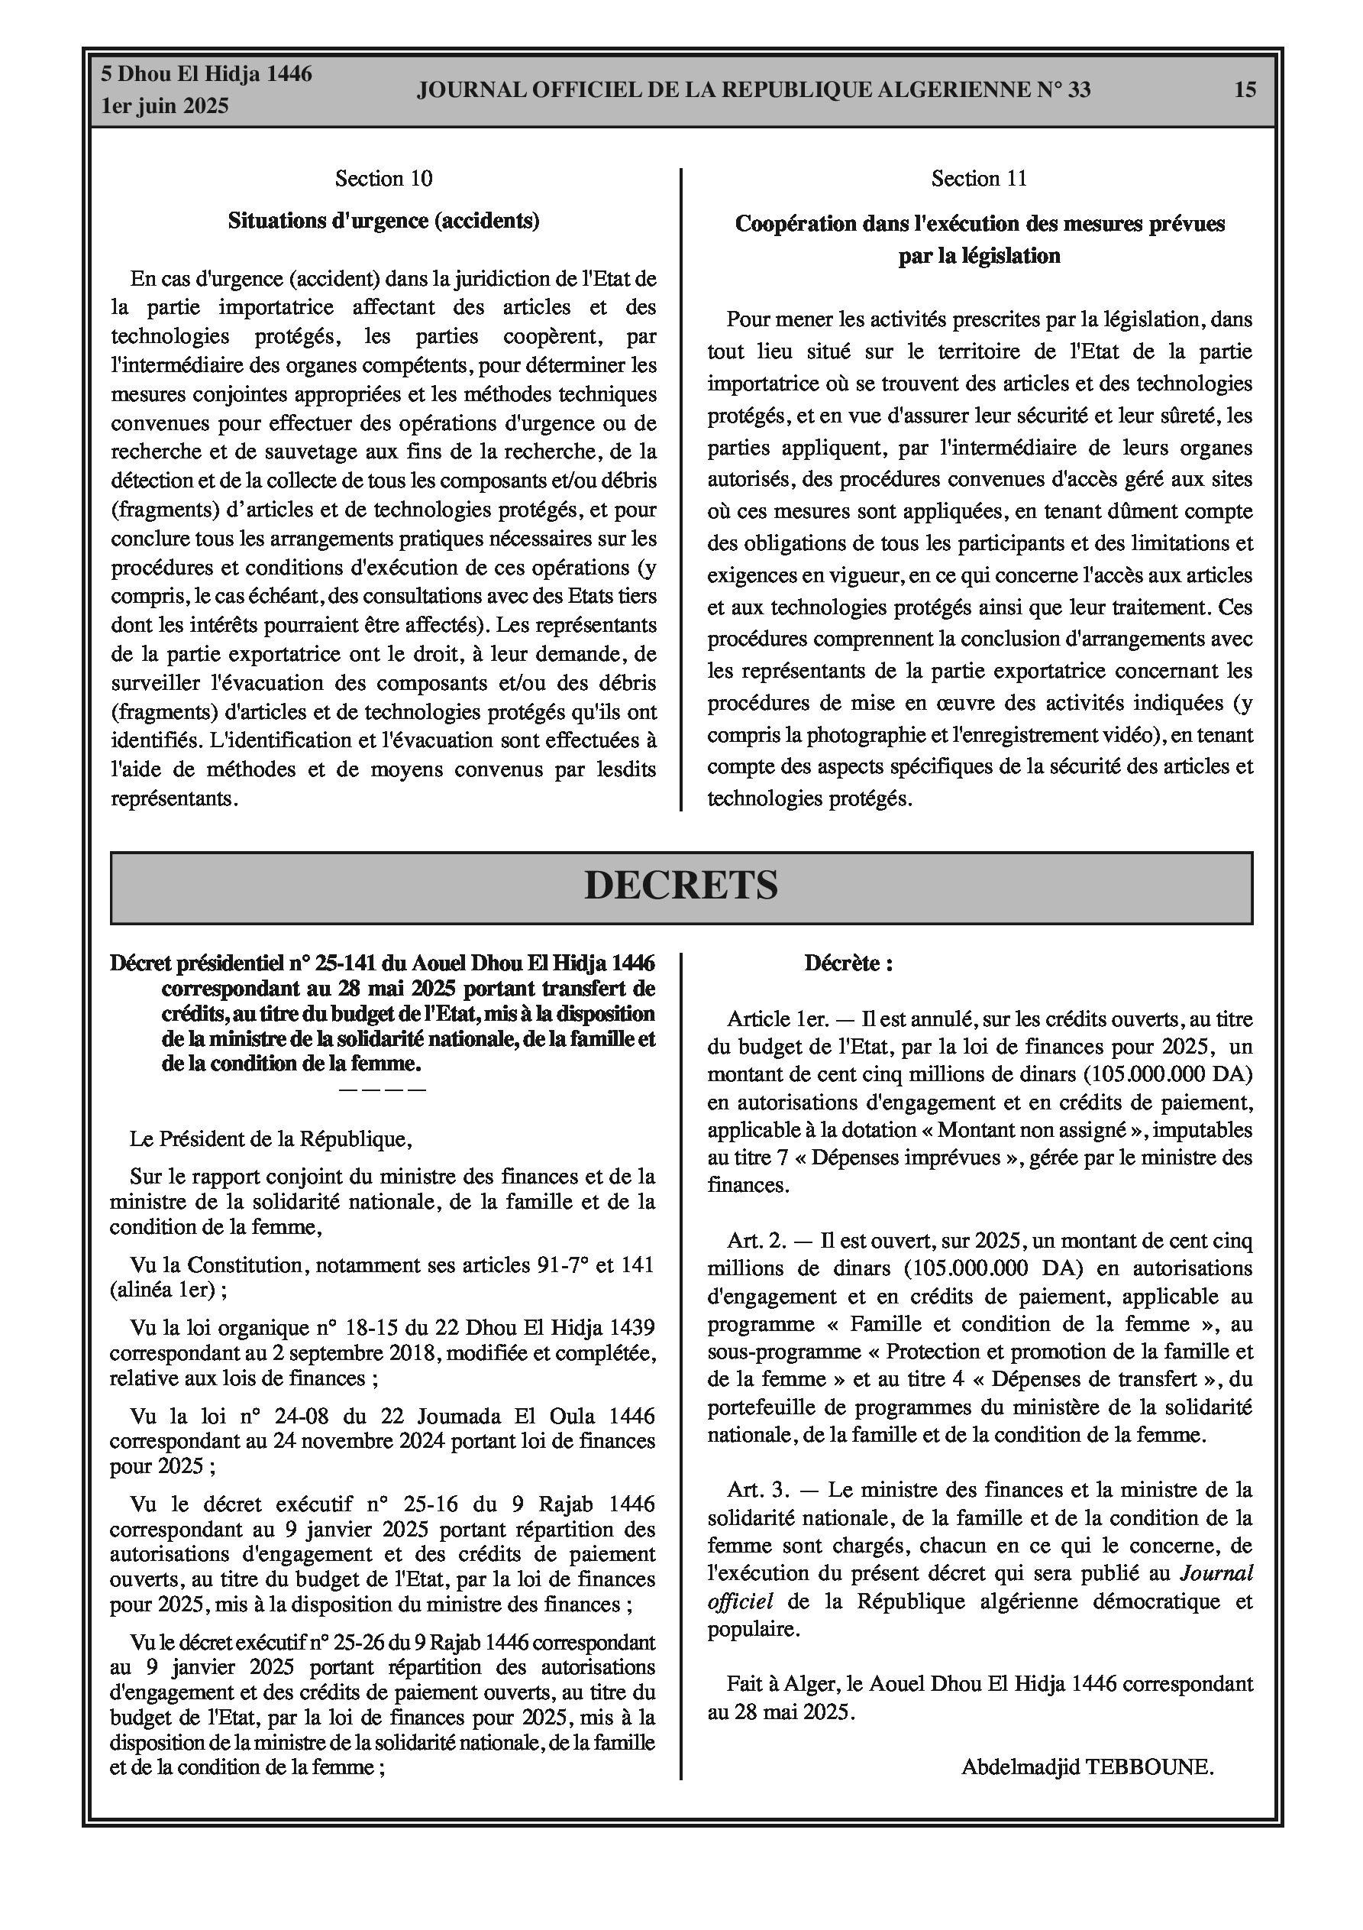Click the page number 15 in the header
coord(1245,89)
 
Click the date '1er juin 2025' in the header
coord(165,107)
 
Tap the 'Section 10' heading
coord(383,178)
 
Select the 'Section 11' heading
coord(979,178)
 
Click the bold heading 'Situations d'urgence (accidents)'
coord(383,220)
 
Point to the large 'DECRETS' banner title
coord(680,885)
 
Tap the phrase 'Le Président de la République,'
coord(270,1139)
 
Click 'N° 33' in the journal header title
coord(1063,89)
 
